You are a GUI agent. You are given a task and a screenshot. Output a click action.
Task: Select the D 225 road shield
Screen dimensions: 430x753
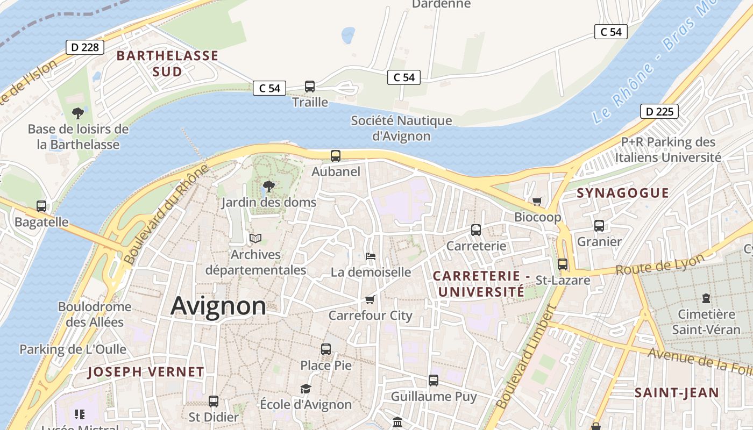(x=659, y=112)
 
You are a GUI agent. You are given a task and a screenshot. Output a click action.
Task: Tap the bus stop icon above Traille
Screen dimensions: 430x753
(x=310, y=87)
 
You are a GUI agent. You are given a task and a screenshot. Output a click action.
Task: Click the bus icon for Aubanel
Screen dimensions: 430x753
(x=336, y=156)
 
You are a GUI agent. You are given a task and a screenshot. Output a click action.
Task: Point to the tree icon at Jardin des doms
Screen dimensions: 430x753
(x=268, y=187)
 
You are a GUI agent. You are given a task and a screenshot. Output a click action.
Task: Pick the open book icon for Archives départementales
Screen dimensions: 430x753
(x=255, y=238)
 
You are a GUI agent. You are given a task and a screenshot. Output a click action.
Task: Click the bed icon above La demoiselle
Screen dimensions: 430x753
(x=370, y=256)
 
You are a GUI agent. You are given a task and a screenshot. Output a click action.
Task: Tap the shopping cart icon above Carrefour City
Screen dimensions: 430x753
(x=370, y=299)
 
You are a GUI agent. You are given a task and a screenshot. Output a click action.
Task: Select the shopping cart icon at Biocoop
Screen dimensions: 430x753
(x=537, y=201)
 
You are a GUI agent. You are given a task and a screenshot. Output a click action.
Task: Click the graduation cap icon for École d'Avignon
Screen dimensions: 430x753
(x=306, y=389)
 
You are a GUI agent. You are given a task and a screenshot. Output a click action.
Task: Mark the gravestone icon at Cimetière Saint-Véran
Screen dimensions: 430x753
(x=706, y=298)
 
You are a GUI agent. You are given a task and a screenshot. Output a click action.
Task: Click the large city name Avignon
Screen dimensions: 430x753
(x=218, y=306)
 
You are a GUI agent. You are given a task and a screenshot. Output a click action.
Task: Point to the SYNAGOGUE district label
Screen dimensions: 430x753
(x=623, y=193)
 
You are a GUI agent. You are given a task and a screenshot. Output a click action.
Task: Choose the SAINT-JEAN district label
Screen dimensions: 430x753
(x=677, y=393)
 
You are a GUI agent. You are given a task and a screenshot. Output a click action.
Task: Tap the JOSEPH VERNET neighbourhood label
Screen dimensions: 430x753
(x=146, y=371)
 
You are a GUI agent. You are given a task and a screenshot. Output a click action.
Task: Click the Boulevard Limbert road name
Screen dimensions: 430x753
(x=524, y=356)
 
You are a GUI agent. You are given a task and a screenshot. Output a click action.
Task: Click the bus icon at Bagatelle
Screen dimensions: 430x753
(x=41, y=206)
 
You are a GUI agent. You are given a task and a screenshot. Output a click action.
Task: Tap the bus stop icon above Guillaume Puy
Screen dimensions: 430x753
(x=434, y=381)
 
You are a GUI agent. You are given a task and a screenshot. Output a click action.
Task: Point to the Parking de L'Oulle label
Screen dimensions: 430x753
(x=73, y=349)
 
